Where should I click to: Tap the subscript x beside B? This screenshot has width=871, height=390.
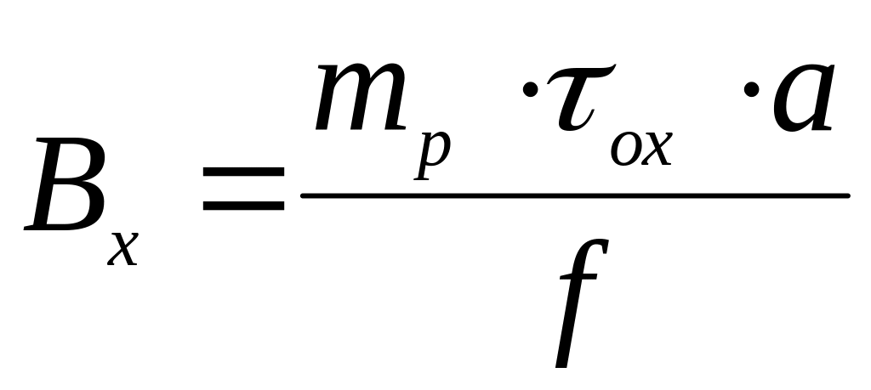[124, 247]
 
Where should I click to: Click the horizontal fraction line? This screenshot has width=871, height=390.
[575, 196]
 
